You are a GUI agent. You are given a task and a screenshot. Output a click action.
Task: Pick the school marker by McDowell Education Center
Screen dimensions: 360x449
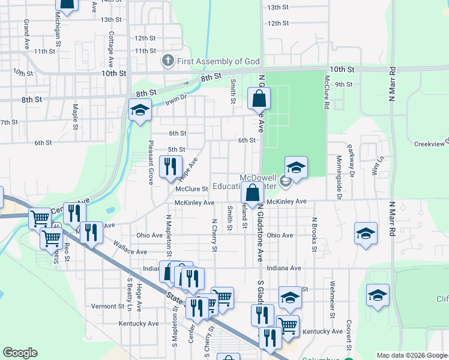(296, 167)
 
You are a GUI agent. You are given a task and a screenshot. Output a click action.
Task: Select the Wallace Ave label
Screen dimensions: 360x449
(130, 252)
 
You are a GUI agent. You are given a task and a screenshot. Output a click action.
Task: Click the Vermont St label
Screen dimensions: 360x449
(107, 306)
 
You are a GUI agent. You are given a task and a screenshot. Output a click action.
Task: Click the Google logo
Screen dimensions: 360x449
(20, 353)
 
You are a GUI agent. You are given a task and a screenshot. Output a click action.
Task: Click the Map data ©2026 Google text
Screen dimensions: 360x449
(411, 355)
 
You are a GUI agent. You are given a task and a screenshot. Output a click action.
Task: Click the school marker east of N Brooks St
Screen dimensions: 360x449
(366, 234)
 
